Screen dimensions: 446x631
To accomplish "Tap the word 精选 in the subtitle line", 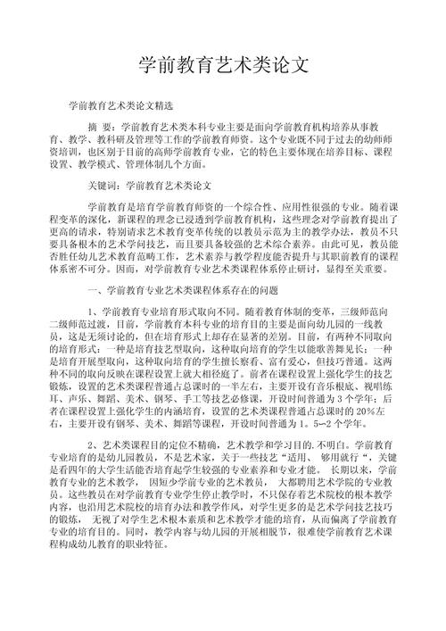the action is point(152,105).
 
